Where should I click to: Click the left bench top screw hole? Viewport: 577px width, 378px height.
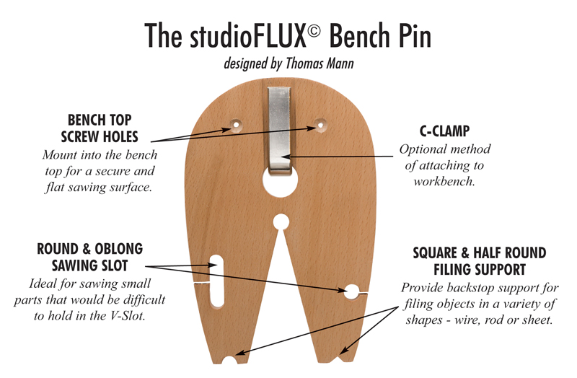tap(236, 125)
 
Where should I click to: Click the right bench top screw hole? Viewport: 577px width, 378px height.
tap(320, 125)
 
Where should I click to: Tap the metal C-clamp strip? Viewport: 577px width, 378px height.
tap(279, 130)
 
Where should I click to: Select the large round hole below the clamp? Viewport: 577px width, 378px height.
tap(281, 181)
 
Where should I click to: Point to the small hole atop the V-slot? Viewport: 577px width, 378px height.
tap(281, 222)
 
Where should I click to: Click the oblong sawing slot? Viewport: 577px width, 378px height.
tap(217, 281)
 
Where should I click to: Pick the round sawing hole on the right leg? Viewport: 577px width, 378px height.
tap(352, 291)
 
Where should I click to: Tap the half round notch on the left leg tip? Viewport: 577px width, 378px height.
tap(230, 360)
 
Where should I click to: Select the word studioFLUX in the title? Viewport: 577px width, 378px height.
tap(248, 35)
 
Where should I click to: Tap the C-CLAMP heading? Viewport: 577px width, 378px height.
tap(444, 131)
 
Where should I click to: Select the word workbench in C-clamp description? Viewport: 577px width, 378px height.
tap(444, 182)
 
